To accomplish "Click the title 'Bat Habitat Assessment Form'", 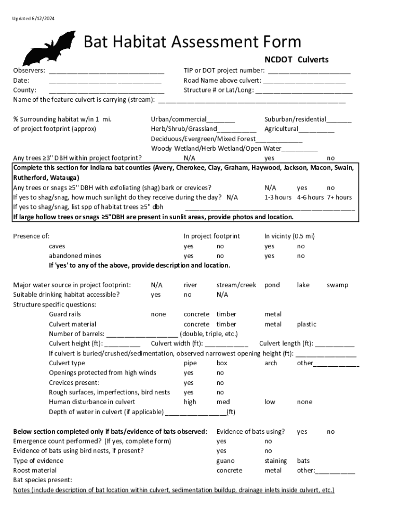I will coord(192,42).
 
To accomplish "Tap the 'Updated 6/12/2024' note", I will coord(34,19).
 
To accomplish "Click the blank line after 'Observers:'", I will coord(106,71).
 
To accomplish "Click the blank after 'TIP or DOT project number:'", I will coord(309,71).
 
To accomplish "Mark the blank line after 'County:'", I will coord(106,91).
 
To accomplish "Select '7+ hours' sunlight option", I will coord(339,197).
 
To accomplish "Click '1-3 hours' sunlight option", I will coord(278,197).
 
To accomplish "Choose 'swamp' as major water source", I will coord(337,285).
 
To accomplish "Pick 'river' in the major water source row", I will coord(190,285).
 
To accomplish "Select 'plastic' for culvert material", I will coord(306,325).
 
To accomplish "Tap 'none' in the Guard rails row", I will coord(158,314).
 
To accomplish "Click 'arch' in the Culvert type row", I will coord(271,363).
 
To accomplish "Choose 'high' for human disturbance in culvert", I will coord(190,402).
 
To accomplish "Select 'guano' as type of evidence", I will coord(225,461).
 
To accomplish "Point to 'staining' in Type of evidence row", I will coord(275,461).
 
